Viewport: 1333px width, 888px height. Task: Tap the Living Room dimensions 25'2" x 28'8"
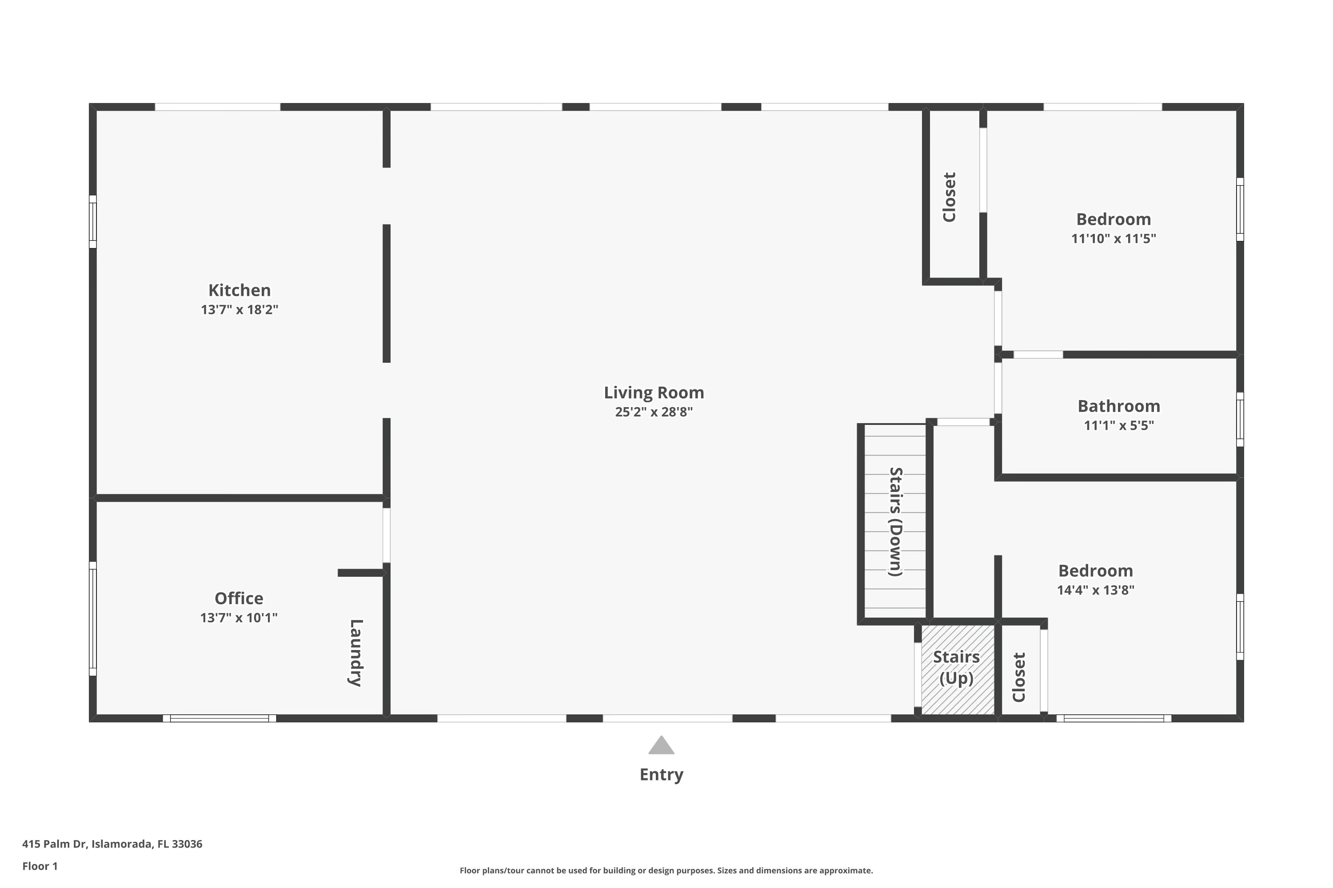tap(654, 412)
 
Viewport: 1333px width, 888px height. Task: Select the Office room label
tap(239, 598)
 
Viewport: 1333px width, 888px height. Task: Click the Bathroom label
tap(1118, 406)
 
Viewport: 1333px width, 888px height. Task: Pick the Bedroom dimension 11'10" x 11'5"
tap(1113, 238)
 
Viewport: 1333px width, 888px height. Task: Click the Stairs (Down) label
tap(895, 522)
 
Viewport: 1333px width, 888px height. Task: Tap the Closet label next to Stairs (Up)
tap(1019, 678)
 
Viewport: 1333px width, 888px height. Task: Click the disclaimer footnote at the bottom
tap(666, 870)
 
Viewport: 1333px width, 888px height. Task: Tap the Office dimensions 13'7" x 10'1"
tap(239, 617)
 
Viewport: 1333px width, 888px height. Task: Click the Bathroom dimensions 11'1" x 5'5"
tap(1118, 425)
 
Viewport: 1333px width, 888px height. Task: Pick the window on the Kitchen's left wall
tap(93, 222)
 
